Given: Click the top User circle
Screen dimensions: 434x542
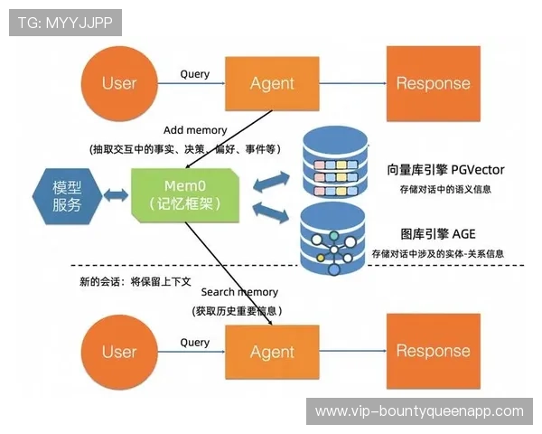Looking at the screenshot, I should (x=118, y=83).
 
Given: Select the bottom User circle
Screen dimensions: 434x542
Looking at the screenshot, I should (x=118, y=352).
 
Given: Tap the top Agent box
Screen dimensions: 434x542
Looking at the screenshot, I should (x=272, y=83).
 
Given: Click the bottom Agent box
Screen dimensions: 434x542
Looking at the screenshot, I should (x=272, y=352).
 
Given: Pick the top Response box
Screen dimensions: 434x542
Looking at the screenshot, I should (x=433, y=83).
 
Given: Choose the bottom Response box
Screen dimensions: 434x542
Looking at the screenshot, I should (x=433, y=352).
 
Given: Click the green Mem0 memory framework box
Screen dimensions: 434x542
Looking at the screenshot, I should (x=184, y=194).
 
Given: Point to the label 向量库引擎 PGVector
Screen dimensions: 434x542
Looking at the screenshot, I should (x=445, y=169).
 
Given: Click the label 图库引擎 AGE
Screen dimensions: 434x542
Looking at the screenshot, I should (x=437, y=232).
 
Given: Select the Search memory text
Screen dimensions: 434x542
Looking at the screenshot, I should (x=239, y=292).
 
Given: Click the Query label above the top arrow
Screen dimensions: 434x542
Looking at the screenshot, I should (x=195, y=74).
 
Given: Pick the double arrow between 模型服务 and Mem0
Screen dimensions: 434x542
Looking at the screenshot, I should (x=116, y=195).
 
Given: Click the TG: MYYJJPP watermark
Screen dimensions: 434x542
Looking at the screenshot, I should (x=64, y=23).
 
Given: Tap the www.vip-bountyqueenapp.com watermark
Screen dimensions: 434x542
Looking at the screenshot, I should (x=418, y=410).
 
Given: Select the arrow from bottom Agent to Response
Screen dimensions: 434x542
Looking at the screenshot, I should (x=354, y=352).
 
